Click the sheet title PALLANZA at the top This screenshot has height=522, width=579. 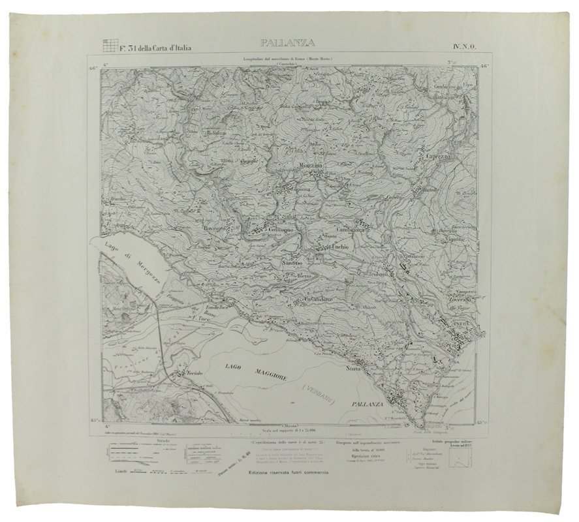tap(287, 44)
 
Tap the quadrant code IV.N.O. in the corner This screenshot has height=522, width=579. tap(463, 46)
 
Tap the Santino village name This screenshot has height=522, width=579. tap(292, 262)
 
